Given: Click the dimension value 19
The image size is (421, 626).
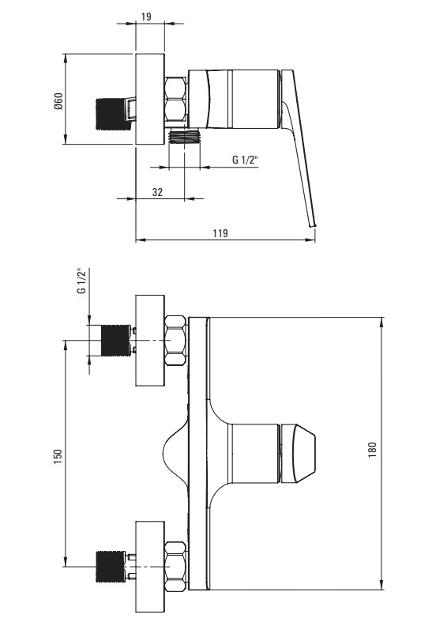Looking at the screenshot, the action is pos(146,17).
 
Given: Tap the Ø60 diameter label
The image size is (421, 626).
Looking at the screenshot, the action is pos(58,101).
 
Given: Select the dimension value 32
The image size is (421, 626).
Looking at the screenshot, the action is pos(158,192).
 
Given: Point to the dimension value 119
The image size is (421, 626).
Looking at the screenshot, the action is pos(220,232).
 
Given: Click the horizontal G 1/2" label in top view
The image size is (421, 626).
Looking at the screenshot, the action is pos(246,160).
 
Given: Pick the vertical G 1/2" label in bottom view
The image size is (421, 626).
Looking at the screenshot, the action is pos(82,281).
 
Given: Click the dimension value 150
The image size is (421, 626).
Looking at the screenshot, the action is pos(58,457).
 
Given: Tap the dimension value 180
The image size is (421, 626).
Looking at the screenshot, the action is pos(372,450).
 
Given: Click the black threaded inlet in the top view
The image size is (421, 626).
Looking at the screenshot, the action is pos(112,114).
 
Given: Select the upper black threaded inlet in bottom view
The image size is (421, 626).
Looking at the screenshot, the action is pos(116,341).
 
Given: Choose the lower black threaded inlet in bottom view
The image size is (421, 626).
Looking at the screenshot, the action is pos(111,567).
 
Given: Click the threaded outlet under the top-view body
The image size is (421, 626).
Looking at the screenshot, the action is pos(184,136).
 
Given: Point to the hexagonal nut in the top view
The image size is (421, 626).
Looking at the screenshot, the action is pos(175,99).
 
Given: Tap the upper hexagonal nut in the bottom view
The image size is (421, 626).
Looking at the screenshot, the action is pos(175,341).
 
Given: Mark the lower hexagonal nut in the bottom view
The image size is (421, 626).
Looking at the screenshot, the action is pos(175,567).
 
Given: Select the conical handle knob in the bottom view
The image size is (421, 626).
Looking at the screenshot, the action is pos(299,453).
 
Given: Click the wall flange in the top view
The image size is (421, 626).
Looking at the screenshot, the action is pos(150,99).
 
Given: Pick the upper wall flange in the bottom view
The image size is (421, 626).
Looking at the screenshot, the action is pos(150,341).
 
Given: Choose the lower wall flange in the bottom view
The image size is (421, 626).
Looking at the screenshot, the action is pos(150,567).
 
